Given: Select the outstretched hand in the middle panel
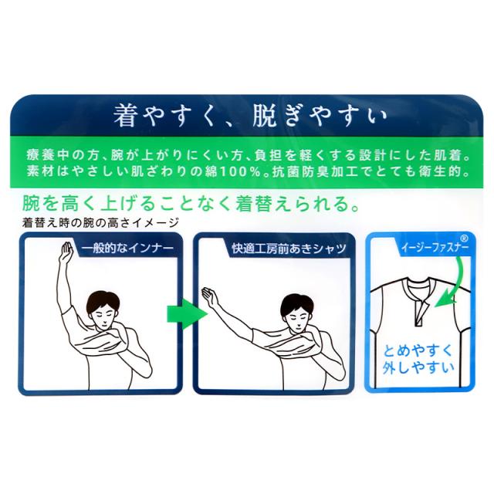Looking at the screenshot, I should (x=208, y=297).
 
